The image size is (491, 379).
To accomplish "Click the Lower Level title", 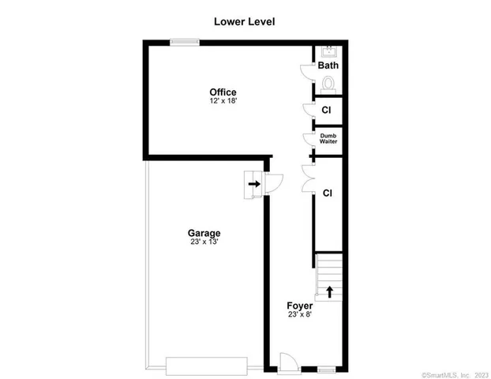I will pos(244,21).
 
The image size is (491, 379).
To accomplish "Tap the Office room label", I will pos(223,92).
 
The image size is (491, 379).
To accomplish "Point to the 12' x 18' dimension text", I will pos(223,101).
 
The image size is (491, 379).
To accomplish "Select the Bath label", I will pos(328,66).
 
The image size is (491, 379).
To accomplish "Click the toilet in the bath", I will pos(328,81).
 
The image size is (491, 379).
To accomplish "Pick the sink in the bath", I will pos(328,53).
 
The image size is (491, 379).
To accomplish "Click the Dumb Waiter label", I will pos(328,138).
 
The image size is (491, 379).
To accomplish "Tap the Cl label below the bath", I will pos(326,110).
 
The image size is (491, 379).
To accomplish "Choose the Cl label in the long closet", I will pos(327,193).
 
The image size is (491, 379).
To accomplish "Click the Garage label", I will pos(204,233).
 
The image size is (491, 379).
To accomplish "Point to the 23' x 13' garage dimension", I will pos(204,242).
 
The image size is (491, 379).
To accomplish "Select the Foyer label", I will pos(299,305).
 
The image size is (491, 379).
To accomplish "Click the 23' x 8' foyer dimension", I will pos(299,314).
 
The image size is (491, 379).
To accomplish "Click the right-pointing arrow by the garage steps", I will pos(254,185).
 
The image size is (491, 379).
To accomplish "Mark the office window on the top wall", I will pos(186,43).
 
